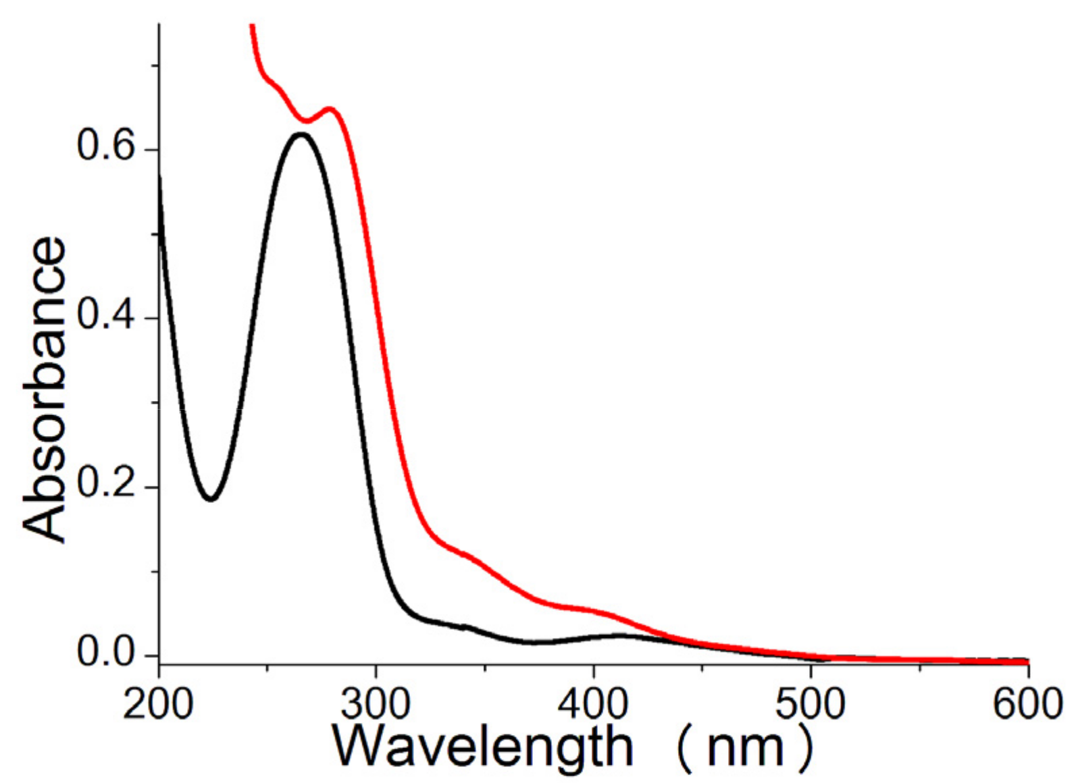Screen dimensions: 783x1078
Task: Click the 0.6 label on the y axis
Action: pos(106,148)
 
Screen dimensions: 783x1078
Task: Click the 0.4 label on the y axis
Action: pos(106,317)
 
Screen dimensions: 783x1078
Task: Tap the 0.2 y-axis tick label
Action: pos(106,485)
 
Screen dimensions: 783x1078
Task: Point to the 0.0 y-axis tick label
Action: pos(106,653)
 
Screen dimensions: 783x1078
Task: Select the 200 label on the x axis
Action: pos(157,703)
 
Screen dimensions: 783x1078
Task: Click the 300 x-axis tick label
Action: pos(376,703)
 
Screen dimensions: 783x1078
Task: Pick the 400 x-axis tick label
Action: pos(592,703)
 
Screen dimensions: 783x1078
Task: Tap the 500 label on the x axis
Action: pos(810,703)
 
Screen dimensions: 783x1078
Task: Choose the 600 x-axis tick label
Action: pos(1027,703)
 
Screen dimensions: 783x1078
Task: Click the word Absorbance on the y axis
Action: pos(45,389)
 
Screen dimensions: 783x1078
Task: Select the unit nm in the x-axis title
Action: pos(745,749)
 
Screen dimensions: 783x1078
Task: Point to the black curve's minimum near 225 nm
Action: pos(211,500)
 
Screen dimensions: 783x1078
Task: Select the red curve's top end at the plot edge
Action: pos(252,26)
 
